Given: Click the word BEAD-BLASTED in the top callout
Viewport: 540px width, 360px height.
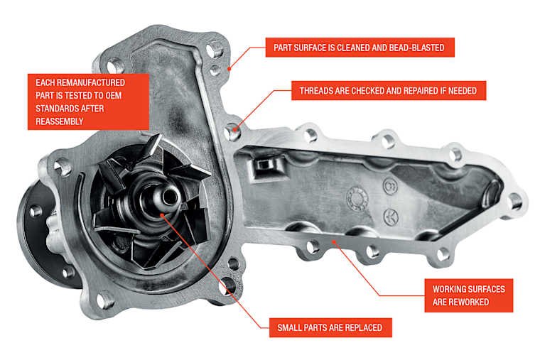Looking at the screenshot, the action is point(416,48).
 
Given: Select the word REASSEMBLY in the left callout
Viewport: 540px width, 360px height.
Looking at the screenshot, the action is point(60,121).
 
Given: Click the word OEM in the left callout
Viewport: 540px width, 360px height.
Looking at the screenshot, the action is point(113,95).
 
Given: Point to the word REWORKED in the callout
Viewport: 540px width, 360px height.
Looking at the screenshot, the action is point(469,302).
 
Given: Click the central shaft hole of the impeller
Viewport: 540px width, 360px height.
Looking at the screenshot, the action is point(170,197).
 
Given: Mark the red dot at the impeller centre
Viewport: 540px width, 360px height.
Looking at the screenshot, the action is point(162,215).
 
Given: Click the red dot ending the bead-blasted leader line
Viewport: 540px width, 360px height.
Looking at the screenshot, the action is point(229,69).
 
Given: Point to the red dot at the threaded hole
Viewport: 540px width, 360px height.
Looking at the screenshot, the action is point(235,130).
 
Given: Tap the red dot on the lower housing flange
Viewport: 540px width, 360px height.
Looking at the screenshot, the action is point(334,242).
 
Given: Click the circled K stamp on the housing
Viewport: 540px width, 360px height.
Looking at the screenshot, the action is point(391,217).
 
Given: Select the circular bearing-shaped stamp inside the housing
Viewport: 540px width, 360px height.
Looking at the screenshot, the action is point(357,198).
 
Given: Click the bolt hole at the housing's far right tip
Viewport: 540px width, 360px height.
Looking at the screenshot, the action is point(515,202).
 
